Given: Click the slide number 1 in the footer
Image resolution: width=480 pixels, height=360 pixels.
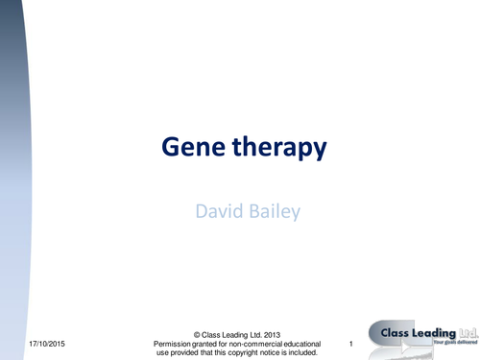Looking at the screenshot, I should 353,344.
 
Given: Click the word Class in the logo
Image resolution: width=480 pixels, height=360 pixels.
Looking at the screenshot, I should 390,332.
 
